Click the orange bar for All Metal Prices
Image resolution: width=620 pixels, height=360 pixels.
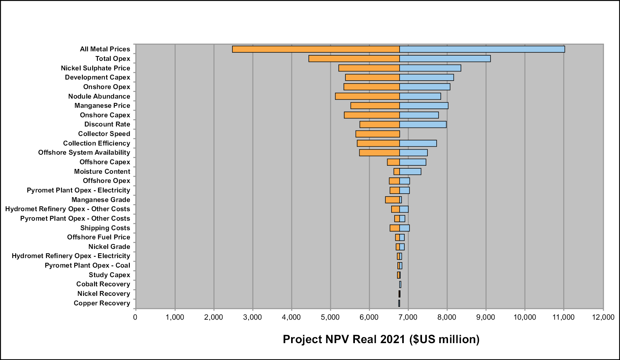(316, 49)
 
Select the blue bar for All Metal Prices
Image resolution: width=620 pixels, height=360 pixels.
(482, 49)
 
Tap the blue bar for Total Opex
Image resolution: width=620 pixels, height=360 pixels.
(445, 59)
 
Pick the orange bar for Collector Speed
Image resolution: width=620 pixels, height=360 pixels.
(378, 134)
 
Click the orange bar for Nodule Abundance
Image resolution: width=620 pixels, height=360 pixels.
(367, 96)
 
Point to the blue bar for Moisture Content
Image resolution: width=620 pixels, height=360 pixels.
(410, 172)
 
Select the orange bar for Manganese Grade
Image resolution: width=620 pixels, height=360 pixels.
(392, 200)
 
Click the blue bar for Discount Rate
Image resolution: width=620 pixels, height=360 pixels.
(423, 125)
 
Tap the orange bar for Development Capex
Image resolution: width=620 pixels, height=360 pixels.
(373, 77)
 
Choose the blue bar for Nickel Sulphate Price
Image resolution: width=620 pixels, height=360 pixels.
(430, 68)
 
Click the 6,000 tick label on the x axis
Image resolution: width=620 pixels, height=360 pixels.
(369, 317)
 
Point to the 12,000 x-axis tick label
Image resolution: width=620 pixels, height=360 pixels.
(603, 317)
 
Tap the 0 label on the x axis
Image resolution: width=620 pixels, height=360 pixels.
(135, 317)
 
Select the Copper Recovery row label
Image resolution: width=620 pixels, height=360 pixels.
(102, 303)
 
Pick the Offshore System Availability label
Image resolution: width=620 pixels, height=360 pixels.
(84, 153)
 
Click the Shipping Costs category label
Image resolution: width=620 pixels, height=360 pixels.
(105, 228)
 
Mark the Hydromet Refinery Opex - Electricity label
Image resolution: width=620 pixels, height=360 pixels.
(71, 256)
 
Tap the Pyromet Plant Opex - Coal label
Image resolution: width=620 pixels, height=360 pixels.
(88, 266)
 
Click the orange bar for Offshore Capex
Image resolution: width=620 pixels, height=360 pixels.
(393, 162)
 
